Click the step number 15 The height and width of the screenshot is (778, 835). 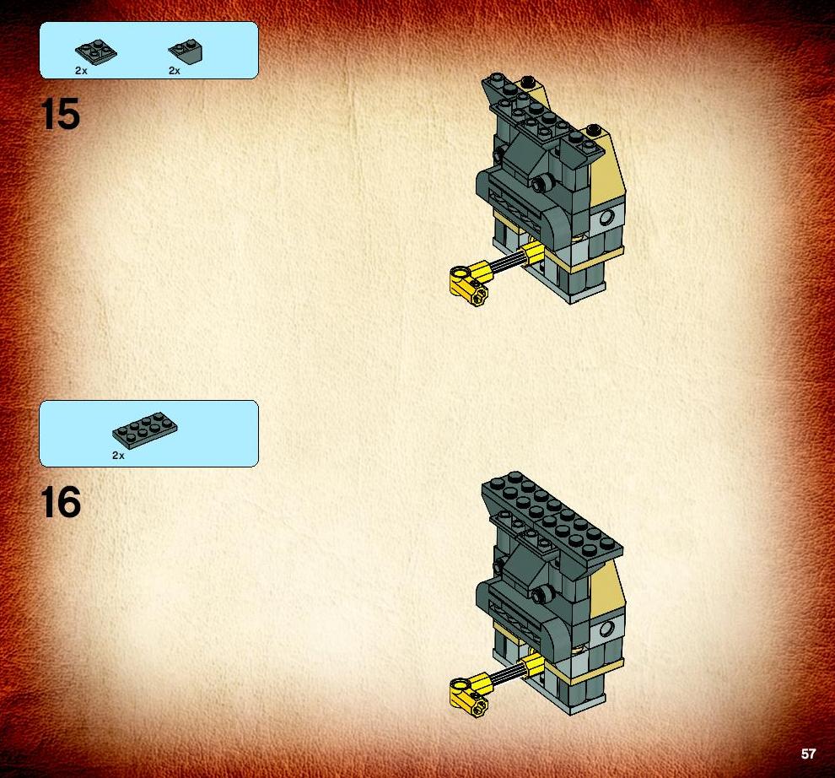click(60, 114)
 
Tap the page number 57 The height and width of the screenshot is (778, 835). click(808, 754)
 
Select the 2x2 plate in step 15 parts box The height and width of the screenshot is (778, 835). click(96, 51)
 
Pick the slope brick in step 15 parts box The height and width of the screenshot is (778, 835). click(186, 51)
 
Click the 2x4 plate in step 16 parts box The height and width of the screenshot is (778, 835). click(145, 430)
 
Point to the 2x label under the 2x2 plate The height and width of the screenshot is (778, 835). click(81, 70)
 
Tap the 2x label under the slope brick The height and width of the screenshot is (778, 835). click(174, 70)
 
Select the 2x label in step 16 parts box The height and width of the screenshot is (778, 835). click(118, 455)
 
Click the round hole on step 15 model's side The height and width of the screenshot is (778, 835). click(606, 218)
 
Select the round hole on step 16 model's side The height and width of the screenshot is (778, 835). click(606, 629)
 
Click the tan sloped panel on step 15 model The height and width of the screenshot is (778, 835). click(606, 170)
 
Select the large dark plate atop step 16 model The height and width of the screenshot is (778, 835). click(552, 520)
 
